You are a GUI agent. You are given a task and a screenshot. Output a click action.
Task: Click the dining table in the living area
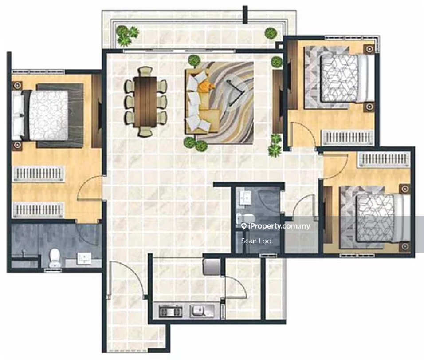(145, 102)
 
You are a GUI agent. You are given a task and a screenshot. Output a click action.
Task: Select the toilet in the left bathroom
(55, 257)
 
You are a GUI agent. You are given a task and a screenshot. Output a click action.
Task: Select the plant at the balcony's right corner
(271, 33)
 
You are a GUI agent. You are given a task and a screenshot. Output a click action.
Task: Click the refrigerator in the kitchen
(211, 266)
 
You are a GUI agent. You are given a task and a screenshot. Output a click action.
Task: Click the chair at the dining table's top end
(145, 71)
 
